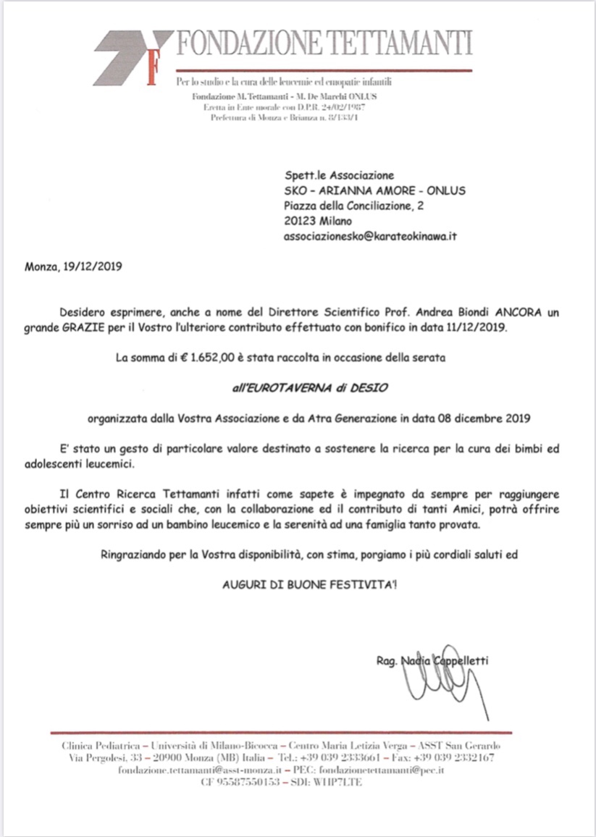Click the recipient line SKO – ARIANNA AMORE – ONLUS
click(x=374, y=190)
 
